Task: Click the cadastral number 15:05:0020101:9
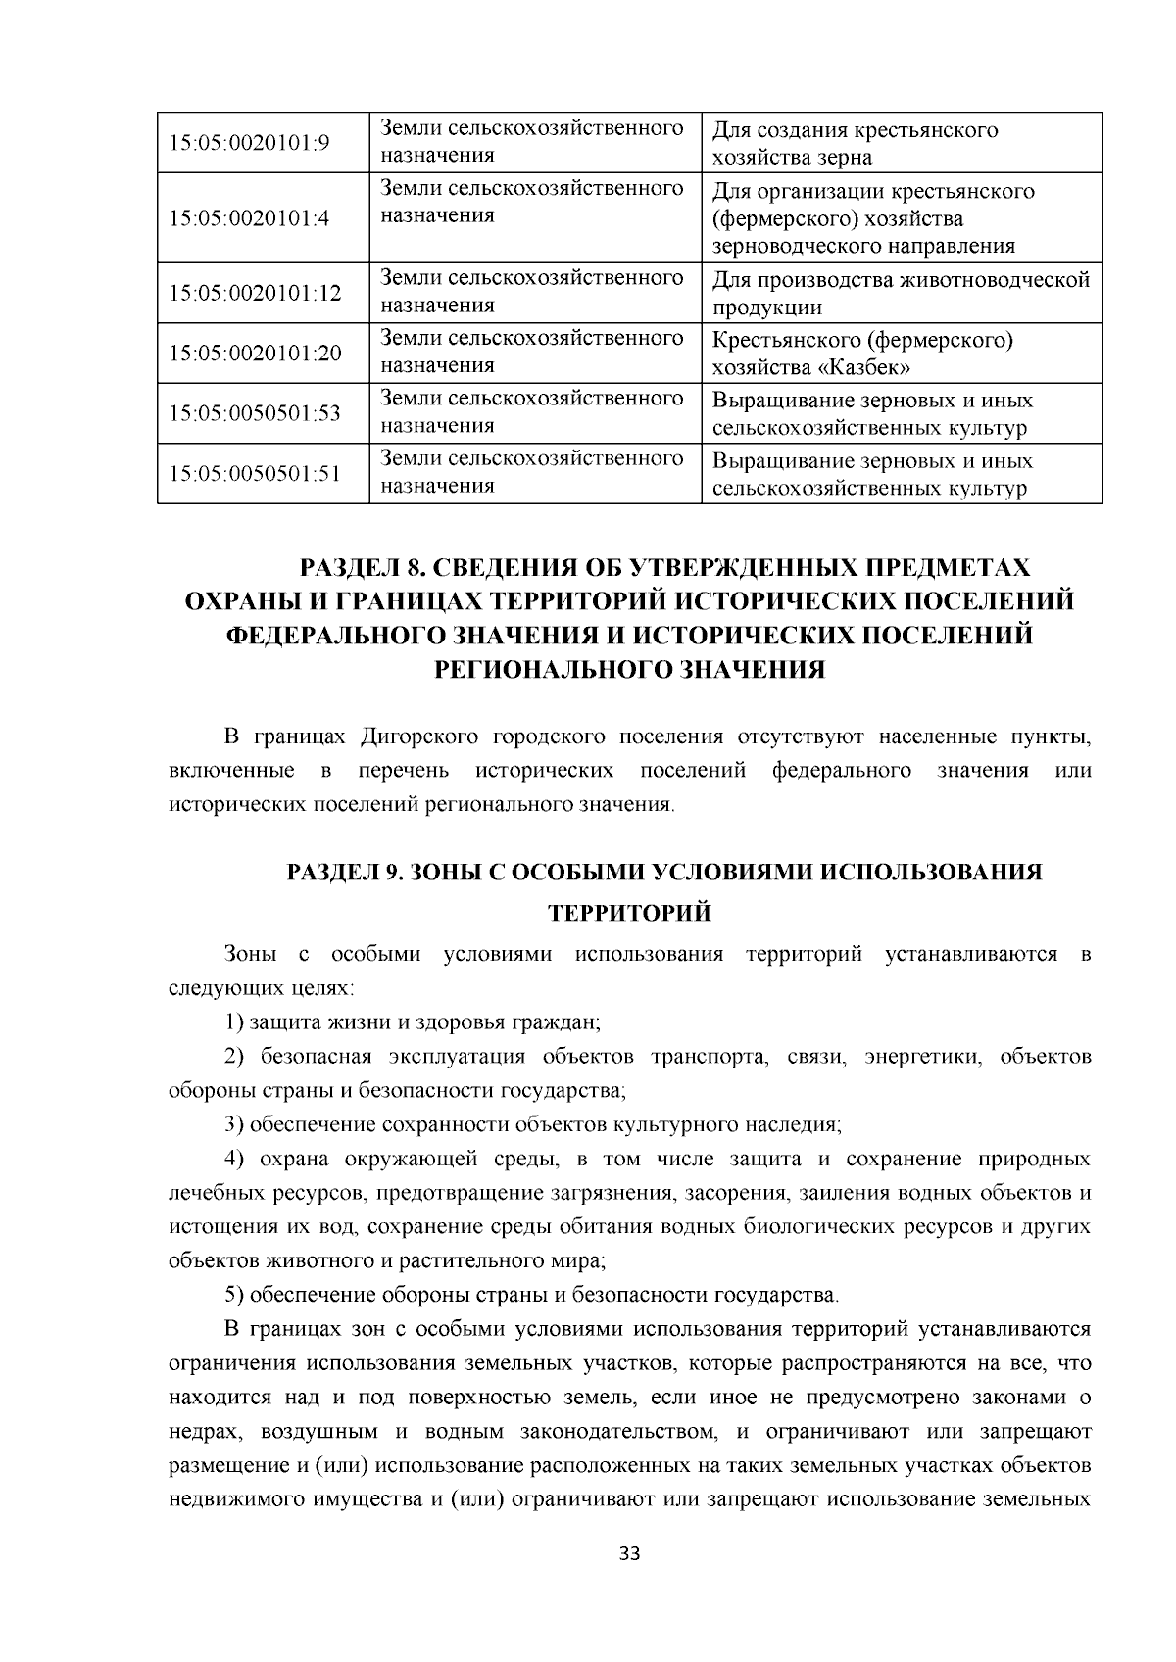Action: pos(249,143)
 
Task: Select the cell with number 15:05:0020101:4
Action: pos(249,217)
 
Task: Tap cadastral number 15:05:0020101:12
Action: pos(255,293)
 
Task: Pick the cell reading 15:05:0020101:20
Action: pos(255,353)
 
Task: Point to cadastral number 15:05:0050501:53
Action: pos(255,413)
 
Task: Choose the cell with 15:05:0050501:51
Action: pos(255,474)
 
